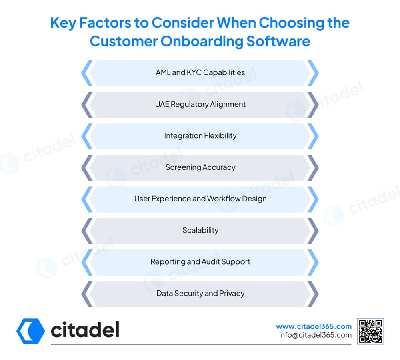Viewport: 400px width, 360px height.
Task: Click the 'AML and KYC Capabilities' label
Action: click(200, 72)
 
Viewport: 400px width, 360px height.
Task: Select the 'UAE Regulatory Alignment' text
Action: click(200, 104)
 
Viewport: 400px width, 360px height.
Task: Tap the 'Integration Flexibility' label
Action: click(200, 136)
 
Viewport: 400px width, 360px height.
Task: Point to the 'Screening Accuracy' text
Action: click(200, 167)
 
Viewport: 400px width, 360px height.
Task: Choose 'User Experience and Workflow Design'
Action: click(200, 199)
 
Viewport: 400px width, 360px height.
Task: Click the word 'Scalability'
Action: click(200, 230)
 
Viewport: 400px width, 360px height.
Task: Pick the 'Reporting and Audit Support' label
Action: click(200, 262)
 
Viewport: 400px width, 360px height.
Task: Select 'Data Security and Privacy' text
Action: click(200, 293)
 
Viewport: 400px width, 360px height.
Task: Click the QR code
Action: click(370, 331)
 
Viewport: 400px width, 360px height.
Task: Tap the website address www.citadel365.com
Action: click(314, 326)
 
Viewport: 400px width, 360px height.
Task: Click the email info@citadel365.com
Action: click(315, 335)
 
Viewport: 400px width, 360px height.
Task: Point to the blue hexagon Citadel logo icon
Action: click(31, 331)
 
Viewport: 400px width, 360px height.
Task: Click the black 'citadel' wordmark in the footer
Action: click(85, 329)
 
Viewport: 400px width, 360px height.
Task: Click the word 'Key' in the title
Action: click(63, 23)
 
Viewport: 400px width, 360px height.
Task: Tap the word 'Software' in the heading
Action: click(278, 41)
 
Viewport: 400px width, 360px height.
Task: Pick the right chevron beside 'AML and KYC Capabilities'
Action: click(314, 73)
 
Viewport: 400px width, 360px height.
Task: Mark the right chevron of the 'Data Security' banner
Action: click(314, 294)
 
